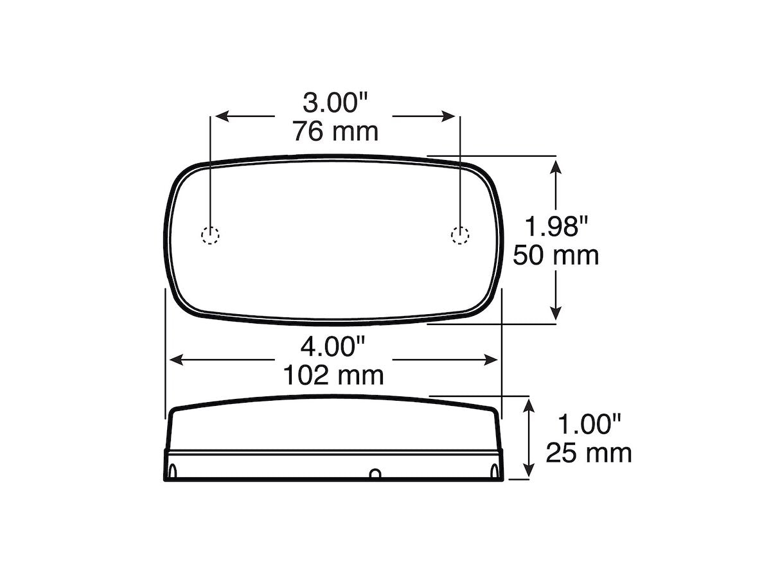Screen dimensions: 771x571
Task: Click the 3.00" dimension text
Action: pyautogui.click(x=335, y=103)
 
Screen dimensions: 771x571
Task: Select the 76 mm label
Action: pyautogui.click(x=335, y=132)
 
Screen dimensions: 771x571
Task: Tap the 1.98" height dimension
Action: pyautogui.click(x=556, y=226)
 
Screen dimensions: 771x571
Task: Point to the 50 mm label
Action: pyautogui.click(x=556, y=256)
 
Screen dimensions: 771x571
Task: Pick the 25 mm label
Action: pyautogui.click(x=589, y=453)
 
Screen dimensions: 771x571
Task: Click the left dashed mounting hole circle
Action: pyautogui.click(x=210, y=235)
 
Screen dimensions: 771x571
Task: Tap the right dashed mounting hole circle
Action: pyautogui.click(x=460, y=235)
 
